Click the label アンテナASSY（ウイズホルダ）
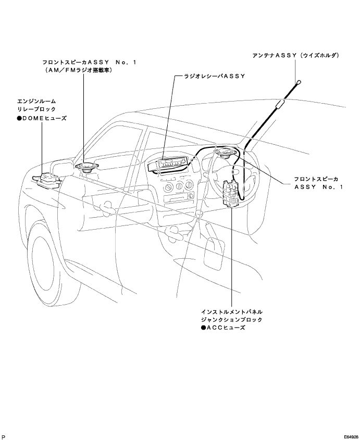click(296, 56)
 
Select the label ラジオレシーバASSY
click(215, 76)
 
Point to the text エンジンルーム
click(36, 101)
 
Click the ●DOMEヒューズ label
click(42, 118)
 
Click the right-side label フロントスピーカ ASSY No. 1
click(318, 183)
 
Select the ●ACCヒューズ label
click(223, 328)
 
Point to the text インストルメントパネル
click(232, 312)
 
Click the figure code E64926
click(351, 437)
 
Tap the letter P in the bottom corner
click(3, 437)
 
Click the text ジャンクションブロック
click(232, 320)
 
